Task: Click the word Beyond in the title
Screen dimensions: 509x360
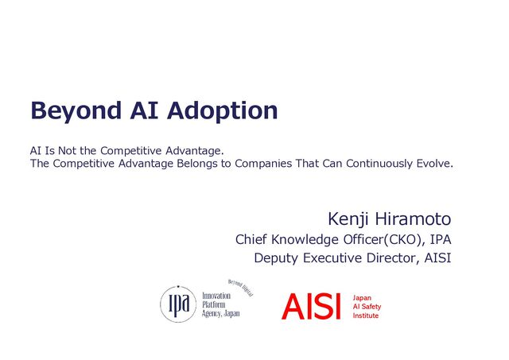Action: pyautogui.click(x=76, y=111)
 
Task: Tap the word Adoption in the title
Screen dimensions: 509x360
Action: pyautogui.click(x=223, y=111)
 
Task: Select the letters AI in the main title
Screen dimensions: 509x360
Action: pyautogui.click(x=144, y=110)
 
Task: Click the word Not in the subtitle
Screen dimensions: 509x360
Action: pyautogui.click(x=67, y=151)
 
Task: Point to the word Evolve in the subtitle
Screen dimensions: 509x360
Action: pyautogui.click(x=435, y=163)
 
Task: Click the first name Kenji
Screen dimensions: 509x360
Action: pyautogui.click(x=348, y=220)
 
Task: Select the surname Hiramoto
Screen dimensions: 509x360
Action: pyautogui.click(x=414, y=219)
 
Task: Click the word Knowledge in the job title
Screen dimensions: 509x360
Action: pyautogui.click(x=305, y=240)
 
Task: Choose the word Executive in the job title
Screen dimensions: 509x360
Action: pyautogui.click(x=332, y=258)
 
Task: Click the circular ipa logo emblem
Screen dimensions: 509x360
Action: pyautogui.click(x=178, y=304)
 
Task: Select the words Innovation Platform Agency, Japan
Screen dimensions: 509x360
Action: pyautogui.click(x=221, y=305)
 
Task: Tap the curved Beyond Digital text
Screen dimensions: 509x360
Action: pyautogui.click(x=240, y=288)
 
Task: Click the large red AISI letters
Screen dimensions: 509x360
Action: pyautogui.click(x=311, y=307)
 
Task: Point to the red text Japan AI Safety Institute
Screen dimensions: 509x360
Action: pyautogui.click(x=367, y=307)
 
